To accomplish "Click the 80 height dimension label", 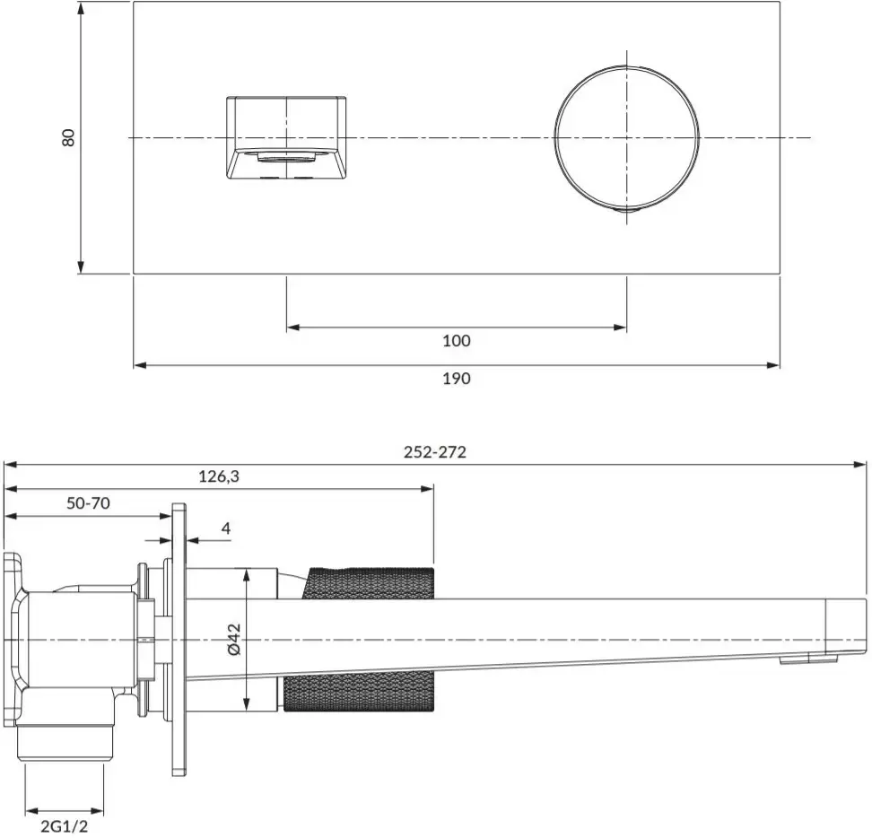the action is click(68, 136).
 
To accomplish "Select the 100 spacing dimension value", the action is click(456, 340).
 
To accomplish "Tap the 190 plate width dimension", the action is click(456, 378).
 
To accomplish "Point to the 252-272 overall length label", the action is click(435, 452).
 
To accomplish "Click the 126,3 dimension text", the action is click(219, 476).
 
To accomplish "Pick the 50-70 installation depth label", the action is click(89, 503).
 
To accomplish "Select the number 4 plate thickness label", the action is click(225, 528).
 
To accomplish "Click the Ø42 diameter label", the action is click(234, 640).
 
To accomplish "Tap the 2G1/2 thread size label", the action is click(64, 826).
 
